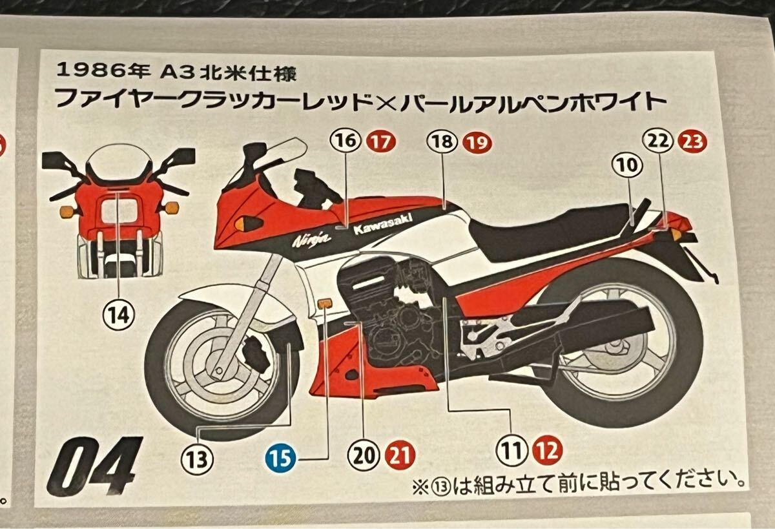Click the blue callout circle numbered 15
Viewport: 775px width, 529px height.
pyautogui.click(x=280, y=459)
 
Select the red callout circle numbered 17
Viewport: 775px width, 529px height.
pyautogui.click(x=381, y=142)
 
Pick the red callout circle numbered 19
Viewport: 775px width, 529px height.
pyautogui.click(x=477, y=142)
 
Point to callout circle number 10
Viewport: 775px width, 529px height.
pyautogui.click(x=628, y=165)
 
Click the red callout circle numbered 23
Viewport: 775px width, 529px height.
pyautogui.click(x=692, y=142)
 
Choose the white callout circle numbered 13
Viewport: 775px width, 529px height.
pyautogui.click(x=197, y=460)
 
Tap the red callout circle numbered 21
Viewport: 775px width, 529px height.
pyautogui.click(x=400, y=455)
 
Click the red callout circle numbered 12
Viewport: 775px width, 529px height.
pyautogui.click(x=548, y=450)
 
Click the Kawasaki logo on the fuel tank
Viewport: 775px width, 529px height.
pyautogui.click(x=382, y=224)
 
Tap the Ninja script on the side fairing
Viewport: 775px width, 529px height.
pyautogui.click(x=311, y=239)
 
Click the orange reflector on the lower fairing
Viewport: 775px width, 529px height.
pyautogui.click(x=324, y=304)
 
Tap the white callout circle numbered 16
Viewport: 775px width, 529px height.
pyautogui.click(x=346, y=141)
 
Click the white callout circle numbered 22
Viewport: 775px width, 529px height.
pyautogui.click(x=657, y=142)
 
